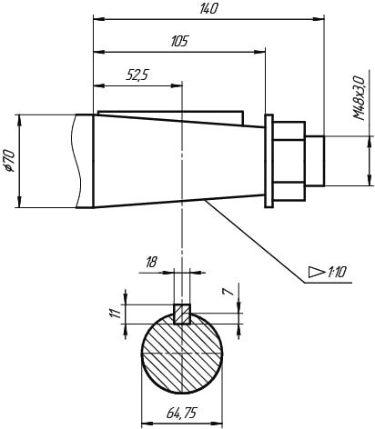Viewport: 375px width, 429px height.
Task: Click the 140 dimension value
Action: (208, 9)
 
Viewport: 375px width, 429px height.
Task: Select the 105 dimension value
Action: (179, 41)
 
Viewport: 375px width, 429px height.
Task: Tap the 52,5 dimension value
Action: (137, 75)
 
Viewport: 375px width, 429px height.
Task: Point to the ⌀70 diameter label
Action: (10, 161)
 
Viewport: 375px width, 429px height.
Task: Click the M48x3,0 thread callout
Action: (359, 98)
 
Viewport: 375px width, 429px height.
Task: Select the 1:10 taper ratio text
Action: (336, 273)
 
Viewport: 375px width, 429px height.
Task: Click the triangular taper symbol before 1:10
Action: (316, 272)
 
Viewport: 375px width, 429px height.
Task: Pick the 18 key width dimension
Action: (151, 262)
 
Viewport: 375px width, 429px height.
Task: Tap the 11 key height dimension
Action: (115, 314)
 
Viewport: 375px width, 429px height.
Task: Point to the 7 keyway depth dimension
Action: (229, 292)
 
